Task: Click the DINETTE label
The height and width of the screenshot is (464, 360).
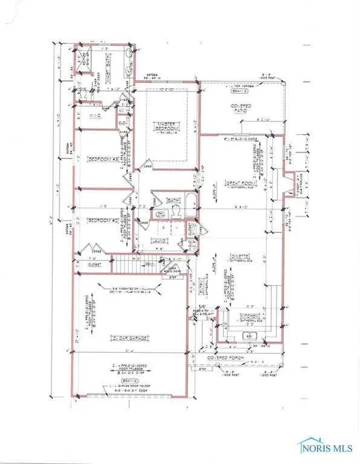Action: (242, 256)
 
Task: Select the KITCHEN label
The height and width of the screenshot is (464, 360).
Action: (250, 316)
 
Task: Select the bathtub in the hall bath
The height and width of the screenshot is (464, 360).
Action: (190, 206)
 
